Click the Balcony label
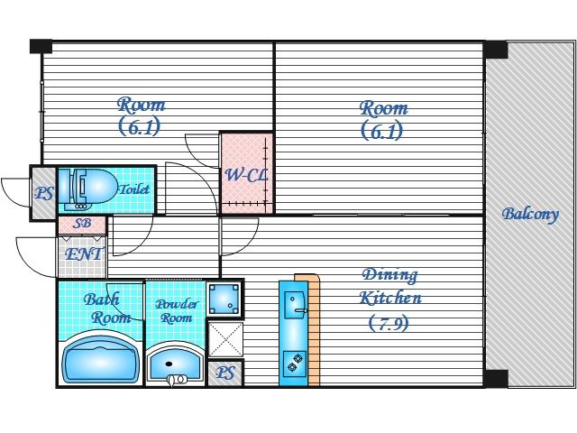[530, 215]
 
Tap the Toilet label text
[135, 189]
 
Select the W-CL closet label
[246, 175]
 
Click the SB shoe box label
[82, 223]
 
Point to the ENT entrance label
[83, 254]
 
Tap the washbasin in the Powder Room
[176, 364]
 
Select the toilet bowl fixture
[88, 189]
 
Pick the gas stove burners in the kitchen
[295, 363]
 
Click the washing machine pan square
[224, 299]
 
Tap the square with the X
[225, 339]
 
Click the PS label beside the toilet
[44, 193]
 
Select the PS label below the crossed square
[224, 373]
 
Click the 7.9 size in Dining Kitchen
[389, 323]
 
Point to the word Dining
[389, 275]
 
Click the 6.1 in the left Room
[140, 126]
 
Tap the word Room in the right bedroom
[384, 108]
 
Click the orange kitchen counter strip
[312, 330]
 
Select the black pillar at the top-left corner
[41, 46]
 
